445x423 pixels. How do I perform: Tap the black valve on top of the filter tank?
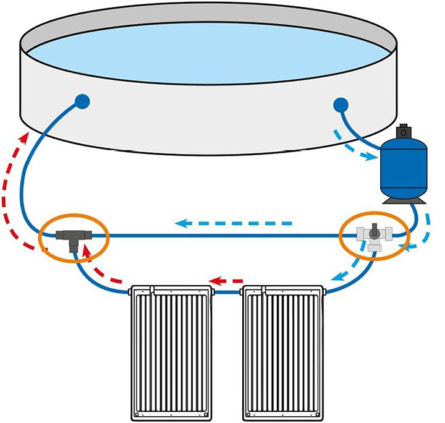(405, 131)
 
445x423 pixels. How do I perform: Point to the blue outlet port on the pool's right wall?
(341, 105)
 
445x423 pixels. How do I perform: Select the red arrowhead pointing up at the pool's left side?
(25, 135)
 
